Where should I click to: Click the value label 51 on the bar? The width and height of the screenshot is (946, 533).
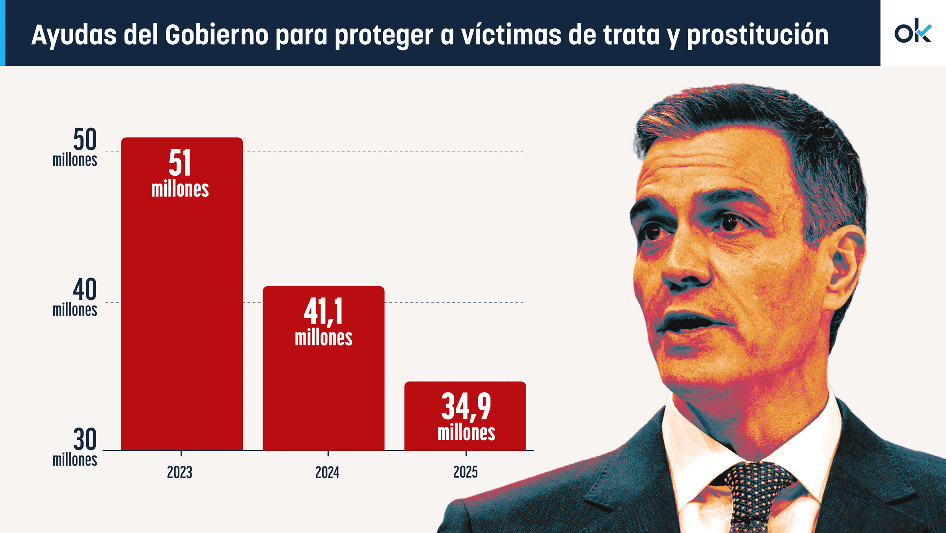tap(180, 163)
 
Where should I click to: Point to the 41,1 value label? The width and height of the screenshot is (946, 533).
tap(323, 312)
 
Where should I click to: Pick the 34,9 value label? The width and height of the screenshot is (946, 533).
tap(466, 406)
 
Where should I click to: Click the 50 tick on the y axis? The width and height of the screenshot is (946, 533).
tap(84, 140)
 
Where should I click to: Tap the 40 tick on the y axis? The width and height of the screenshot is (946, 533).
tap(84, 290)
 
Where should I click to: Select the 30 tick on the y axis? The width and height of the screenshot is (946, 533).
tap(84, 440)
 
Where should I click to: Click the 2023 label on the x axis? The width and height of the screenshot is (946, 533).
tap(180, 473)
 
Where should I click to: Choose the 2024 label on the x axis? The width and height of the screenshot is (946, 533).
tap(327, 473)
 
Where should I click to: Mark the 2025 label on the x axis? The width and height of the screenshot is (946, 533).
tap(466, 472)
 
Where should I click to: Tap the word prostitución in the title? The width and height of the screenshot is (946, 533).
tap(758, 36)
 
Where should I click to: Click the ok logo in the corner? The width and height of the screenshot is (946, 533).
tap(913, 32)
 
